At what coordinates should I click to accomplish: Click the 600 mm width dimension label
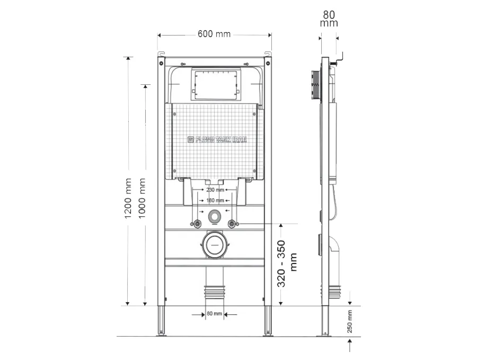click(x=214, y=34)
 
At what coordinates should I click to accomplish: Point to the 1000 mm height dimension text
click(x=142, y=195)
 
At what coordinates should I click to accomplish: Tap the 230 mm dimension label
click(x=215, y=190)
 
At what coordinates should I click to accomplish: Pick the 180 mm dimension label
click(x=215, y=200)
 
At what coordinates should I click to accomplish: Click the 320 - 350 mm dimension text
click(x=288, y=264)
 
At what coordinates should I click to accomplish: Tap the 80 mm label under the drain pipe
click(x=215, y=314)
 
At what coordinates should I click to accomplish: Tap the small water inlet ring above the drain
click(x=215, y=216)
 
